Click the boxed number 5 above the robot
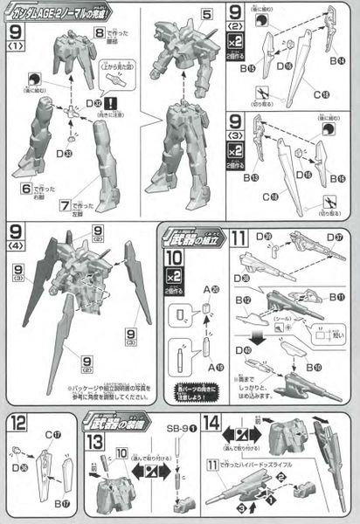click(x=206, y=15)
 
